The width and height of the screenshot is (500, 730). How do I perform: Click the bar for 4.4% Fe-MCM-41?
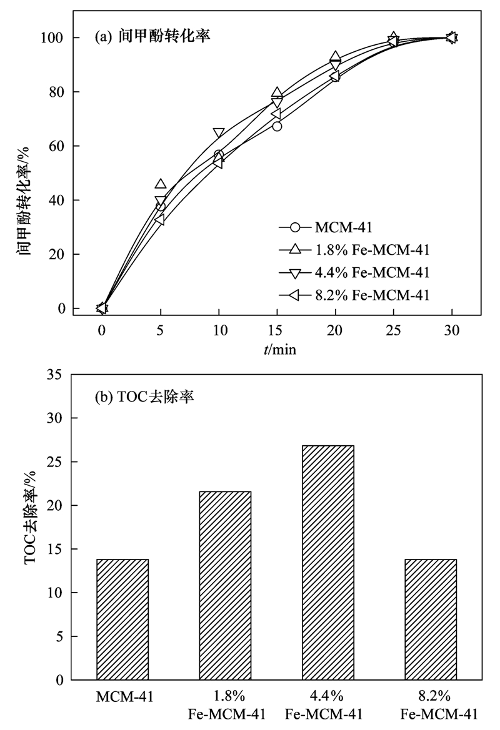(328, 562)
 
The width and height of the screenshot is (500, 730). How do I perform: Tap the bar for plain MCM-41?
(122, 619)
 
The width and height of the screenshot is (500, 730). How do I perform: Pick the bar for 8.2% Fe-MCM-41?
(431, 619)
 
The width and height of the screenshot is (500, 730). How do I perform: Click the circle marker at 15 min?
(277, 126)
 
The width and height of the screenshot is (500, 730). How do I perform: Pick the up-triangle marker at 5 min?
(161, 184)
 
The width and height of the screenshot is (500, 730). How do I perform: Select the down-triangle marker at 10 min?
(219, 133)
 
